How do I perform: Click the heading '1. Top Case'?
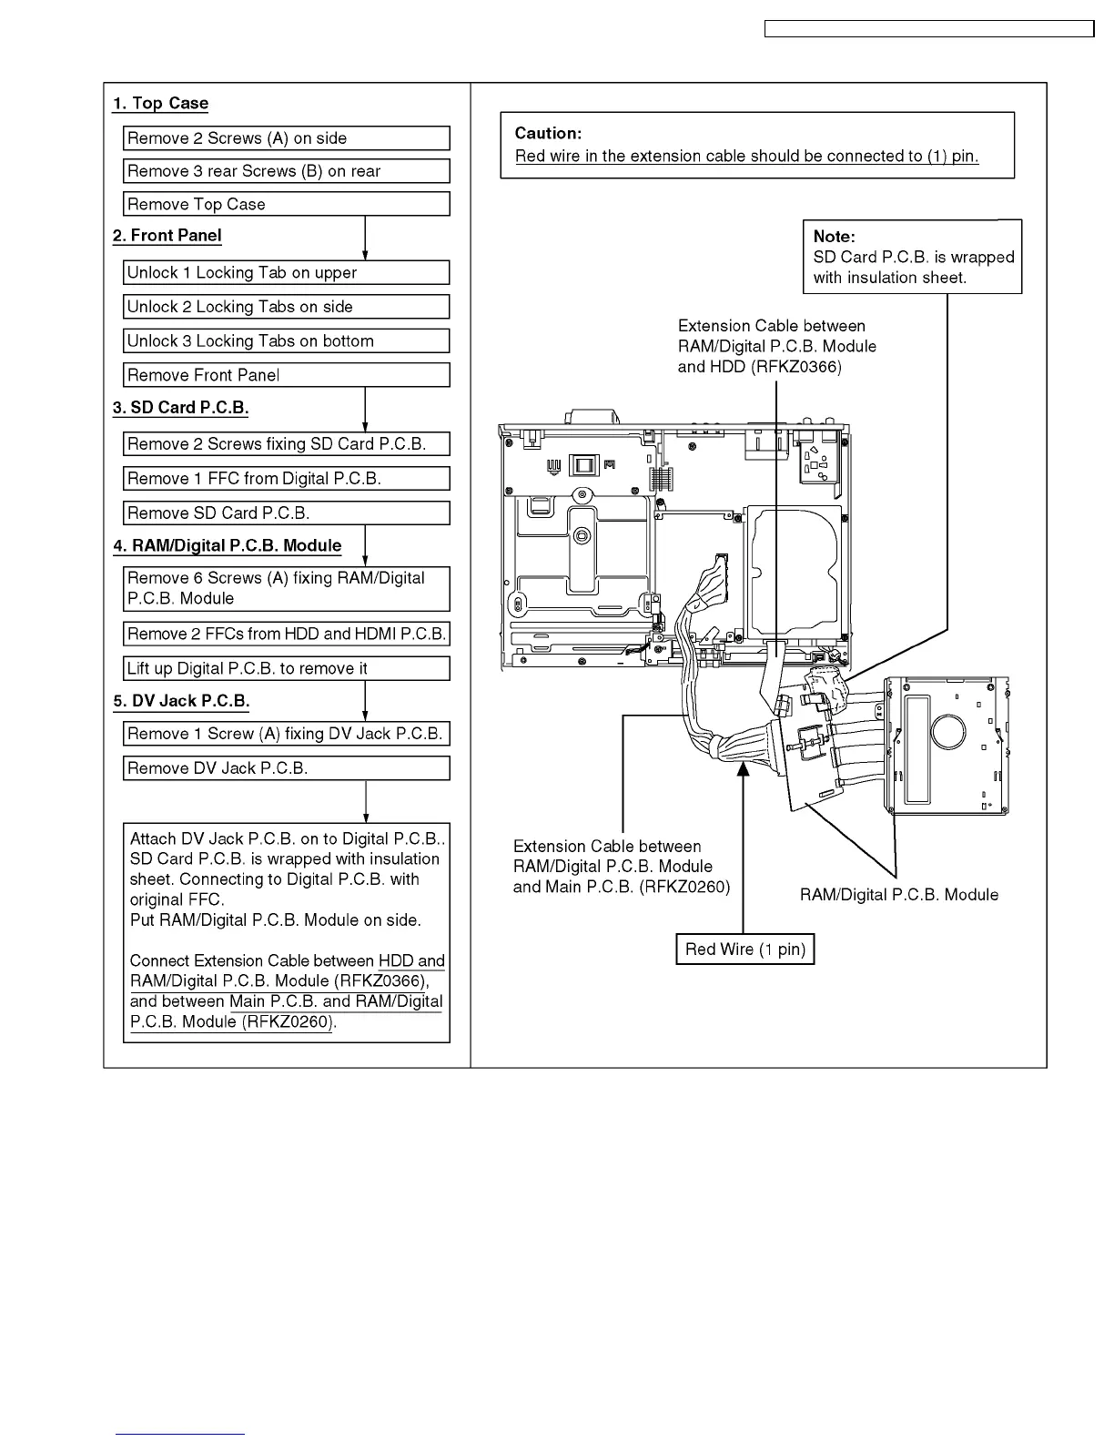click(160, 104)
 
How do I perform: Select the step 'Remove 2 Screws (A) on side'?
click(286, 138)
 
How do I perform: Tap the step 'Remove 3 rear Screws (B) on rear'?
click(286, 171)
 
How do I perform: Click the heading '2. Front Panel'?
click(167, 236)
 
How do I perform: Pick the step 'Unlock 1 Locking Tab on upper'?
click(286, 273)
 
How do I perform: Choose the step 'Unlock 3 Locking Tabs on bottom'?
click(286, 341)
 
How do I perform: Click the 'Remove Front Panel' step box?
click(286, 375)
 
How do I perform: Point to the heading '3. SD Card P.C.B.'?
click(180, 408)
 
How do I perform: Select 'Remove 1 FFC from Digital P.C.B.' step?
click(286, 479)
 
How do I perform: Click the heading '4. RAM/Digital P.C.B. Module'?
click(227, 546)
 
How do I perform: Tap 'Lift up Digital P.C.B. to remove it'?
click(286, 669)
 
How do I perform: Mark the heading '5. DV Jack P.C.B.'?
click(180, 701)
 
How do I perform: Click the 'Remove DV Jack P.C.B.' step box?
click(286, 768)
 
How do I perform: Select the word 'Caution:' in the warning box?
click(548, 134)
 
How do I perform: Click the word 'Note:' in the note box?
click(834, 237)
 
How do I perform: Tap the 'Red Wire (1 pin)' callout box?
click(744, 949)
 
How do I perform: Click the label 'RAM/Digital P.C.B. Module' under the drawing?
click(898, 895)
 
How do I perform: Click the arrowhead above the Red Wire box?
click(744, 767)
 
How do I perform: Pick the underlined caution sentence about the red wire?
click(746, 157)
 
